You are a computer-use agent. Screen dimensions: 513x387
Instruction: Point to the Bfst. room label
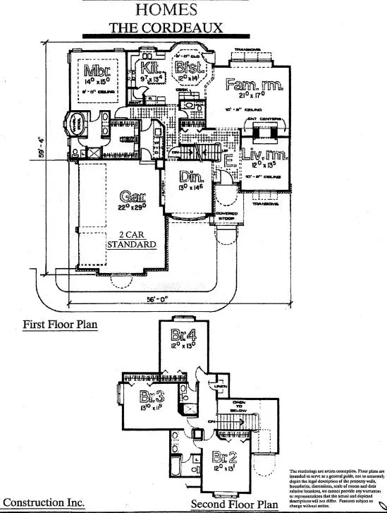(189, 68)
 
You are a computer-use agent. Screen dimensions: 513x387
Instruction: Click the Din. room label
(188, 176)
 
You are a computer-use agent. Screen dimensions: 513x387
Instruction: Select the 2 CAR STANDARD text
(131, 239)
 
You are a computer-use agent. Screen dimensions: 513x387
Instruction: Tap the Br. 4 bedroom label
(182, 336)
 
